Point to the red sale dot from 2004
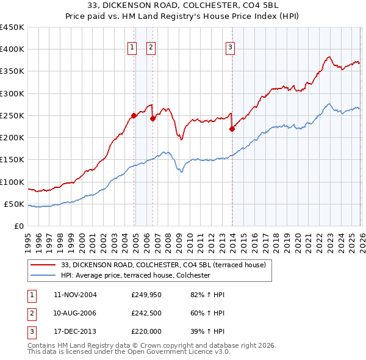pos(134,115)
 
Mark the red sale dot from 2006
pos(152,119)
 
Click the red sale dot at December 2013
pos(232,129)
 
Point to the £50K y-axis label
pos(15,204)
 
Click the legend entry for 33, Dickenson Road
pos(163,265)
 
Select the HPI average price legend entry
pos(135,276)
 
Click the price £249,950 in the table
pos(146,295)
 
